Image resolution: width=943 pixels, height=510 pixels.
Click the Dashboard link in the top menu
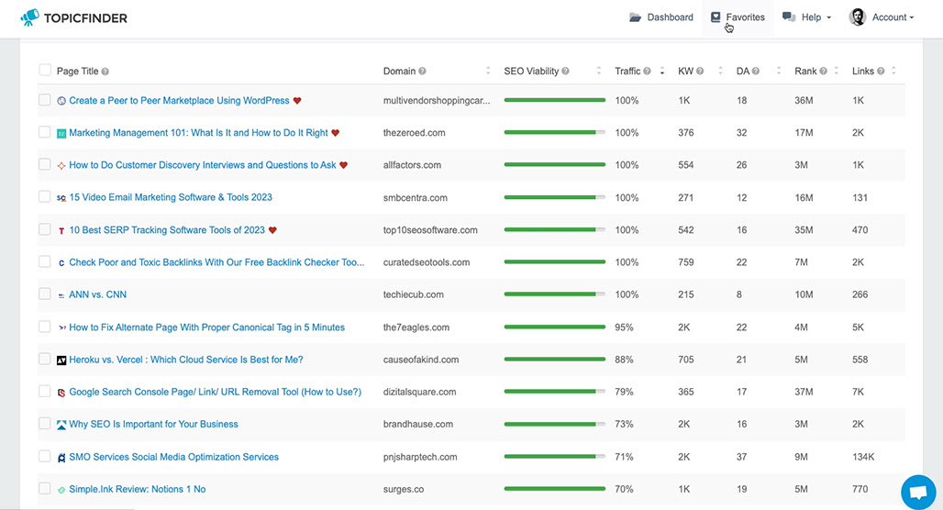pos(661,17)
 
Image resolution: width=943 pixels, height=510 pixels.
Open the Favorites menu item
pos(738,17)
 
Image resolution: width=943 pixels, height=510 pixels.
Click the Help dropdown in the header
pos(806,17)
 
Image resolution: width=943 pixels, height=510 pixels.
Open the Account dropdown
pos(881,17)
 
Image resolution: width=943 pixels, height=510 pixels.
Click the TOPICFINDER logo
pos(74,18)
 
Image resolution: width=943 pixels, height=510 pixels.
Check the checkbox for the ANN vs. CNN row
pos(45,294)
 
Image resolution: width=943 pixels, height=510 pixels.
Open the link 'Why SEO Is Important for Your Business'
pos(153,424)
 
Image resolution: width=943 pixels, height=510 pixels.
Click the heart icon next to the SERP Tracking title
pos(272,230)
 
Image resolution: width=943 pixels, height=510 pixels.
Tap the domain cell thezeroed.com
pos(415,133)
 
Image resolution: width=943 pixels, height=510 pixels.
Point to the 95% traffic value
pos(624,327)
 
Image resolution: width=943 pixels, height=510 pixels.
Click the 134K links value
pos(863,457)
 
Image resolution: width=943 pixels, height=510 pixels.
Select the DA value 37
pos(741,457)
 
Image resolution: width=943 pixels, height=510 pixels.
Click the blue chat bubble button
pos(918,492)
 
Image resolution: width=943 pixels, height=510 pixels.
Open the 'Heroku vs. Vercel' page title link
pos(186,360)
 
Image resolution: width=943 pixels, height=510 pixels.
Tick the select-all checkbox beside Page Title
pos(45,71)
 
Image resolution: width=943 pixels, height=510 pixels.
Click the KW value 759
pos(685,262)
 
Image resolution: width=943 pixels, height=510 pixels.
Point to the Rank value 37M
pos(804,392)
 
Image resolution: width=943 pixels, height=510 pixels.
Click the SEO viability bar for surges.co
pos(554,489)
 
